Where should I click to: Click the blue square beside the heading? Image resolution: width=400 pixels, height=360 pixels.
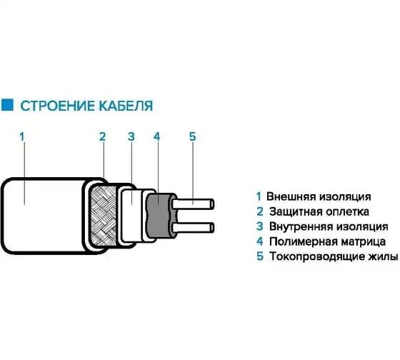point(7,104)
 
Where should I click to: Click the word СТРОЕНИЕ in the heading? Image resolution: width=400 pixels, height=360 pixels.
point(58,106)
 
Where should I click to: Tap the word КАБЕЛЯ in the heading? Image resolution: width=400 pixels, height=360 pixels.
point(126,106)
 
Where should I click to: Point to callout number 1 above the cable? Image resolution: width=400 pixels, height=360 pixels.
point(22,136)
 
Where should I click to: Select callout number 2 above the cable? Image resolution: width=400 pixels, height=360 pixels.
point(102,136)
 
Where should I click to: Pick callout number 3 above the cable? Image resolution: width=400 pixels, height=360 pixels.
point(131,136)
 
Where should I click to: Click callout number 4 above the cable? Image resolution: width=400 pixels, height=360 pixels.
point(156,136)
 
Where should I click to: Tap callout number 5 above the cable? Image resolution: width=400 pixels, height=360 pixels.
point(193,136)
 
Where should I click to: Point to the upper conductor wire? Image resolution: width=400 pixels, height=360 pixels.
point(193,204)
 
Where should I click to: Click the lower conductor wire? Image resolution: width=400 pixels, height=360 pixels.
point(193,227)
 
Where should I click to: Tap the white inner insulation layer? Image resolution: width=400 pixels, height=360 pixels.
point(131,216)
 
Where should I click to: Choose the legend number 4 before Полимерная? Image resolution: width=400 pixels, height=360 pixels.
point(260,241)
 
